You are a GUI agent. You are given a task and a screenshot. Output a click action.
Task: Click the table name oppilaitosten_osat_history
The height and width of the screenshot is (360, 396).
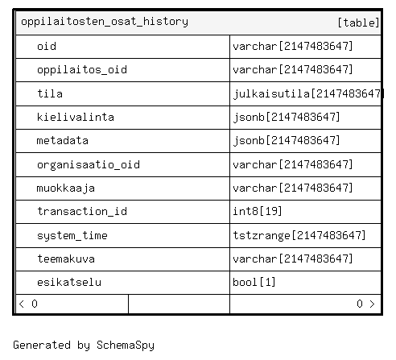click(x=105, y=22)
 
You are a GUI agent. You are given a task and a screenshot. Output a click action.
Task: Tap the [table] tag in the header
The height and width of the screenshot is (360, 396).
click(x=358, y=23)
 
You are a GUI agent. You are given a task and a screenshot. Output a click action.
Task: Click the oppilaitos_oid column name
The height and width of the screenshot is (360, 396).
click(x=82, y=70)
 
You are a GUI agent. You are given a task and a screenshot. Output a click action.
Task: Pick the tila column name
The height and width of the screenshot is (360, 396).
click(x=50, y=93)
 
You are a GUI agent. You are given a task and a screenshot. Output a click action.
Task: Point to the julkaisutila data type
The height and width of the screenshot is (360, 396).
click(x=307, y=93)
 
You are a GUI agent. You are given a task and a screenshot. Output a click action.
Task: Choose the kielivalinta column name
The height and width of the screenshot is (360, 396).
click(x=76, y=117)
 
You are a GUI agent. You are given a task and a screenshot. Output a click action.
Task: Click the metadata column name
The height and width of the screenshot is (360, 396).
click(x=63, y=140)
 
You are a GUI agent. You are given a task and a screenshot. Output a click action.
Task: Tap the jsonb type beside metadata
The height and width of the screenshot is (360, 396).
click(x=287, y=140)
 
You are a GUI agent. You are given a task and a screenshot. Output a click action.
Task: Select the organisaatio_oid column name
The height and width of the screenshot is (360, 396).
click(x=89, y=164)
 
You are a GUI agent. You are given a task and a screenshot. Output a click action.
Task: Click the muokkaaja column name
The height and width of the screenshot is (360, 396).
click(x=66, y=188)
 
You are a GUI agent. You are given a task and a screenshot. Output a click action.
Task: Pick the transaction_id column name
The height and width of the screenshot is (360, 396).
click(x=82, y=212)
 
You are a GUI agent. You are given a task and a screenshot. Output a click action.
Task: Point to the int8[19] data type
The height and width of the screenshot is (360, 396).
click(x=258, y=211)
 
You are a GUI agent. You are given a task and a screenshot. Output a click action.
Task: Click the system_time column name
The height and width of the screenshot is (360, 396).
click(x=72, y=235)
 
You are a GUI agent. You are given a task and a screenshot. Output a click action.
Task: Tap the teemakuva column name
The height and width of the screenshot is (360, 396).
click(x=66, y=259)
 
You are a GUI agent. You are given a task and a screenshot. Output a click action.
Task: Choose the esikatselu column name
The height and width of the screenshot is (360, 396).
click(x=69, y=282)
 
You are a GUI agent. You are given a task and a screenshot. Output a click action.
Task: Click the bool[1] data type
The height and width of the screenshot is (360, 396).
click(x=254, y=282)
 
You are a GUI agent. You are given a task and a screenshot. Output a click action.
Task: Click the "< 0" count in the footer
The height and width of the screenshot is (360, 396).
click(x=28, y=304)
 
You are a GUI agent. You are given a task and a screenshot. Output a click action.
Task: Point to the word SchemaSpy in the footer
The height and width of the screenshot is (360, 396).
click(x=126, y=346)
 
